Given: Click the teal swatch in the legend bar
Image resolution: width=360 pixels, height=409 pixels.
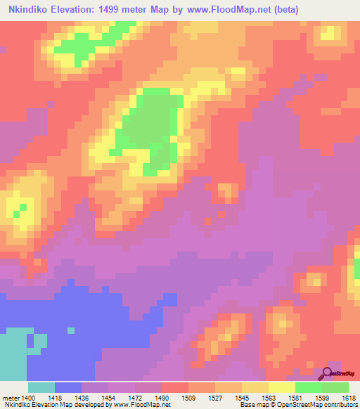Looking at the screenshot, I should click(41, 387).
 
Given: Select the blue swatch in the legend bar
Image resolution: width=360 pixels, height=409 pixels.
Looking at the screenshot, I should click(68, 387).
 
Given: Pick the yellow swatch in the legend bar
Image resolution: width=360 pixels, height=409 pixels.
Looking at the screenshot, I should click(281, 387).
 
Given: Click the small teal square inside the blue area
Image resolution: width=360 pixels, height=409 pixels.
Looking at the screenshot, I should click(70, 330).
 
